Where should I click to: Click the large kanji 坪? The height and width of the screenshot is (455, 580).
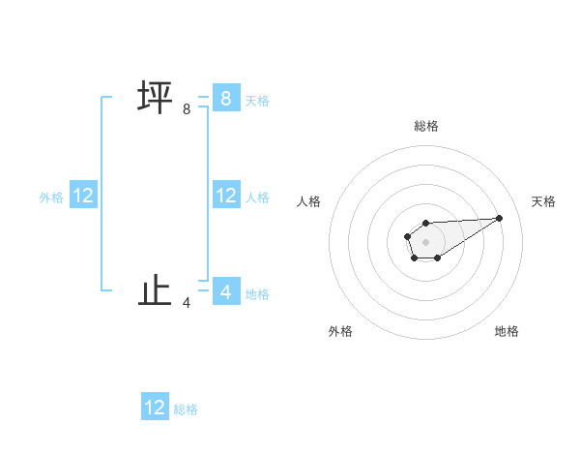(x=155, y=99)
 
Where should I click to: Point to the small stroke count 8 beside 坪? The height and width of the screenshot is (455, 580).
(x=187, y=110)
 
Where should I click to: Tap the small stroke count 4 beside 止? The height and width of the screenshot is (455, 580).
(x=187, y=303)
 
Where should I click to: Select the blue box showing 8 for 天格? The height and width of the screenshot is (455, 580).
(x=225, y=99)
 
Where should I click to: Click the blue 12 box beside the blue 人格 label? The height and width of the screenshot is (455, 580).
(x=225, y=196)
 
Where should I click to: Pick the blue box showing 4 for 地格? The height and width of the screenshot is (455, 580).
(x=225, y=291)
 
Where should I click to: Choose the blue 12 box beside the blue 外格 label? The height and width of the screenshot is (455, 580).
(x=83, y=196)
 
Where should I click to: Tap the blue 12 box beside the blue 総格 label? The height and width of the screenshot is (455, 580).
(x=155, y=407)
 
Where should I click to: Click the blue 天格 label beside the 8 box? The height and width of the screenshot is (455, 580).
(x=257, y=100)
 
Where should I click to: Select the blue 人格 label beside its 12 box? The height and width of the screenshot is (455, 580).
(x=257, y=197)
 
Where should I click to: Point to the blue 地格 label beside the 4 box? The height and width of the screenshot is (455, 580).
(x=257, y=293)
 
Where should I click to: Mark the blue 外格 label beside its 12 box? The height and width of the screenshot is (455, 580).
(x=51, y=197)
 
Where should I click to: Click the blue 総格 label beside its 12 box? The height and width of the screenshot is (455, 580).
(x=186, y=409)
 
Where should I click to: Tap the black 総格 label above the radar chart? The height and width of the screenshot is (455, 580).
(x=425, y=126)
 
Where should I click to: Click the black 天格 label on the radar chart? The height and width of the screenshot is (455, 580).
(x=543, y=201)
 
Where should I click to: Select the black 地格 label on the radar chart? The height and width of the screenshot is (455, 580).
(x=507, y=331)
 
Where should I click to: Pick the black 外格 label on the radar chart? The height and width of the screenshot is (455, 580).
(x=340, y=331)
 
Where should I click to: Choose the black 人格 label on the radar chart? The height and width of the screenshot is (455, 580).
(x=309, y=201)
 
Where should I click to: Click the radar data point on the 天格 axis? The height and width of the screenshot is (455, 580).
(x=500, y=217)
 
